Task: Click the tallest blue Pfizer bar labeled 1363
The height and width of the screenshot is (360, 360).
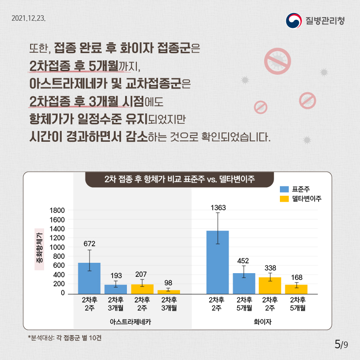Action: pyautogui.click(x=217, y=262)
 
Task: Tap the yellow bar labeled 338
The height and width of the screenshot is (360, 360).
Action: pyautogui.click(x=270, y=285)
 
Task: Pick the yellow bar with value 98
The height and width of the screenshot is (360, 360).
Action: pyautogui.click(x=168, y=292)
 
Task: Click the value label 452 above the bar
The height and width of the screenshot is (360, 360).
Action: pyautogui.click(x=243, y=261)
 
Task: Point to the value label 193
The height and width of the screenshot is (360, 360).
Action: pyautogui.click(x=116, y=275)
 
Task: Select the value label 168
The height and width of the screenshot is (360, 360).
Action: pyautogui.click(x=297, y=277)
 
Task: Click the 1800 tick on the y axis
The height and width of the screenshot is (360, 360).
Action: pyautogui.click(x=59, y=211)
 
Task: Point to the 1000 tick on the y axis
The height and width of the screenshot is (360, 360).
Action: pyautogui.click(x=59, y=247)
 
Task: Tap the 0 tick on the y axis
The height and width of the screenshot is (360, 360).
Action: pyautogui.click(x=63, y=293)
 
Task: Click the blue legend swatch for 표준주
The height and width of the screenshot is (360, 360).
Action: pyautogui.click(x=284, y=189)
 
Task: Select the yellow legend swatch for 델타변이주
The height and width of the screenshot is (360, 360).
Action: pyautogui.click(x=284, y=198)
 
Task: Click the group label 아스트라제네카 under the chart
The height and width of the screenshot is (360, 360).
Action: pyautogui.click(x=130, y=322)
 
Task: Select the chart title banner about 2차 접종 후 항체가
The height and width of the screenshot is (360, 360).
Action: pyautogui.click(x=180, y=179)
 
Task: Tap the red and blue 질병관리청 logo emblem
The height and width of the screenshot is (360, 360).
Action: pyautogui.click(x=294, y=21)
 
